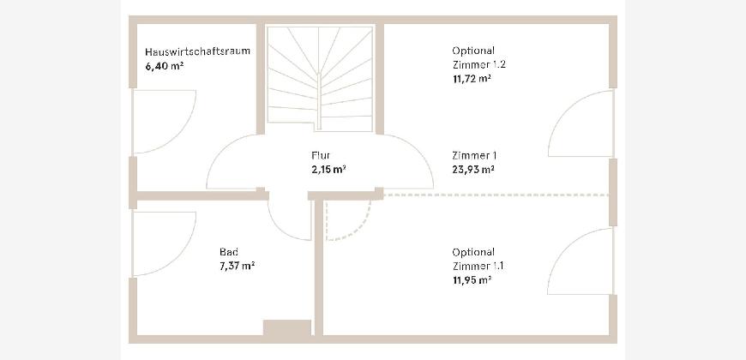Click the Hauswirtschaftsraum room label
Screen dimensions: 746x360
(x=197, y=51)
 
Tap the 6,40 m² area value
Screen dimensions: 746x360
(x=165, y=66)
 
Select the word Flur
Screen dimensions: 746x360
(x=321, y=155)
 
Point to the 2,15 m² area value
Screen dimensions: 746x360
(x=328, y=169)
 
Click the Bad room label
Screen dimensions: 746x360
(x=229, y=252)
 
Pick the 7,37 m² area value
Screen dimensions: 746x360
(x=237, y=266)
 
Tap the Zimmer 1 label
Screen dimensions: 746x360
(x=474, y=155)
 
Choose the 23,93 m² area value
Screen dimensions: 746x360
(x=473, y=169)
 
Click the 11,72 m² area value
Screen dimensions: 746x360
(x=472, y=79)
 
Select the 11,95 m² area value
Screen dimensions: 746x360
(x=472, y=280)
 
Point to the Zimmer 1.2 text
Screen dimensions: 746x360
(x=478, y=64)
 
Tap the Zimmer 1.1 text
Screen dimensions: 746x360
(x=478, y=266)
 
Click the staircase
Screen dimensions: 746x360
(x=320, y=79)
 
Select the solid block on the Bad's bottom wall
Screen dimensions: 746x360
(x=287, y=327)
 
